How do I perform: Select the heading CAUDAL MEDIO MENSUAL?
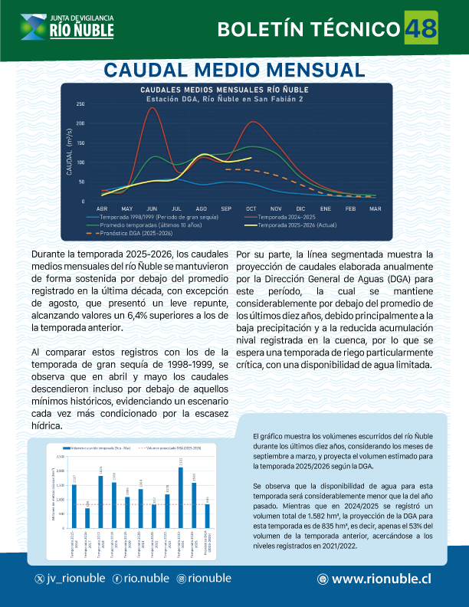click(234, 71)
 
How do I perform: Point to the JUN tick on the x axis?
click(151, 208)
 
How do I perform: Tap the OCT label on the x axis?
click(251, 208)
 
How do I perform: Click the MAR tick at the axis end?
click(375, 208)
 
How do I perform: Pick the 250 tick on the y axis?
click(80, 103)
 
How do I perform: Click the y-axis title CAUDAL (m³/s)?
click(70, 156)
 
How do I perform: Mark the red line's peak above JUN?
click(152, 108)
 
